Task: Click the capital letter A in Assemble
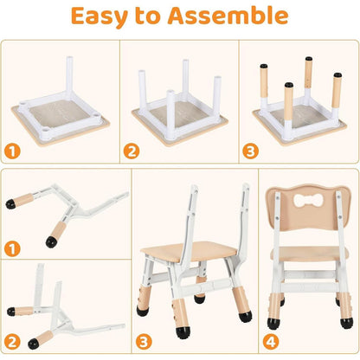pyautogui.click(x=178, y=16)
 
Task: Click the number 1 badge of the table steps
pyautogui.click(x=12, y=151)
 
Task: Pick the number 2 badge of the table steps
pyautogui.click(x=132, y=151)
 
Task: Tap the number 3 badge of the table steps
pyautogui.click(x=250, y=151)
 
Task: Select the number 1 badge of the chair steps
pyautogui.click(x=12, y=248)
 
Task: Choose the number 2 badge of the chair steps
pyautogui.click(x=12, y=342)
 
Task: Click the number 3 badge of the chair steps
pyautogui.click(x=144, y=342)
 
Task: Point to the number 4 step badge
pyautogui.click(x=271, y=342)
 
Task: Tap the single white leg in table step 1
pyautogui.click(x=69, y=75)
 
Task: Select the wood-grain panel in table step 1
pyautogui.click(x=60, y=113)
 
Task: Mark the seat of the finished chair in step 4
pyautogui.click(x=309, y=254)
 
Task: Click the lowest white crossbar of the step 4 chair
pyautogui.click(x=309, y=287)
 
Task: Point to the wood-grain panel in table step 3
pyautogui.click(x=300, y=118)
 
